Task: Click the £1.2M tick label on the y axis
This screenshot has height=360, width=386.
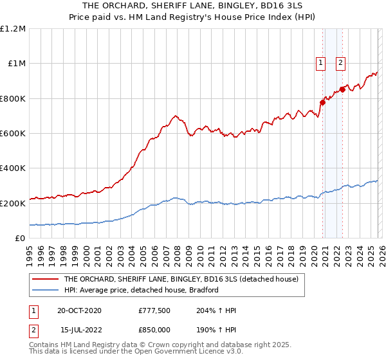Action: tap(13, 28)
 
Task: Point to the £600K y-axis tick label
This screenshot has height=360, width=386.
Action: tap(13, 133)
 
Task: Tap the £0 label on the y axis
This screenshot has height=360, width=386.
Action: tap(20, 238)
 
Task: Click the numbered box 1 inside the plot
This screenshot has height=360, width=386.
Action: tap(320, 63)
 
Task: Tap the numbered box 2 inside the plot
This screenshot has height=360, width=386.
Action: tap(340, 63)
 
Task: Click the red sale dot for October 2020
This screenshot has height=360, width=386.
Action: tap(323, 102)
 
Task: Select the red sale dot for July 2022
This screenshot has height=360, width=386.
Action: tap(343, 89)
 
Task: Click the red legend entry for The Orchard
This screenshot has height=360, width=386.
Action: tap(181, 280)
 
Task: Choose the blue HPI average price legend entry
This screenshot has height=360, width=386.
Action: tap(142, 290)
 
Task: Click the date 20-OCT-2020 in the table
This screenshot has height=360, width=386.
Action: tap(79, 310)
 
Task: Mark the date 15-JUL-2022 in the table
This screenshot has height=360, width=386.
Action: tap(79, 328)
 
